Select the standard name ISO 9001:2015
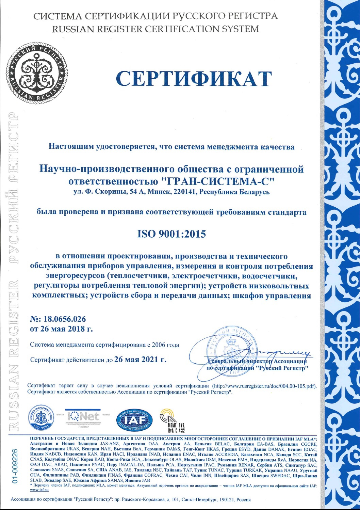[171, 234]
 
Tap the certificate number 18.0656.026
[63, 319]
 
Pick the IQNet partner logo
[83, 417]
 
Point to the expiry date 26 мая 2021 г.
[141, 359]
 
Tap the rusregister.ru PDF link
[264, 386]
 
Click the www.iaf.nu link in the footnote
[39, 490]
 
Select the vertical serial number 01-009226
[15, 466]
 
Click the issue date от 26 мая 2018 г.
[61, 329]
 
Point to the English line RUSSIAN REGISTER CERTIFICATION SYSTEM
[156, 29]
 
